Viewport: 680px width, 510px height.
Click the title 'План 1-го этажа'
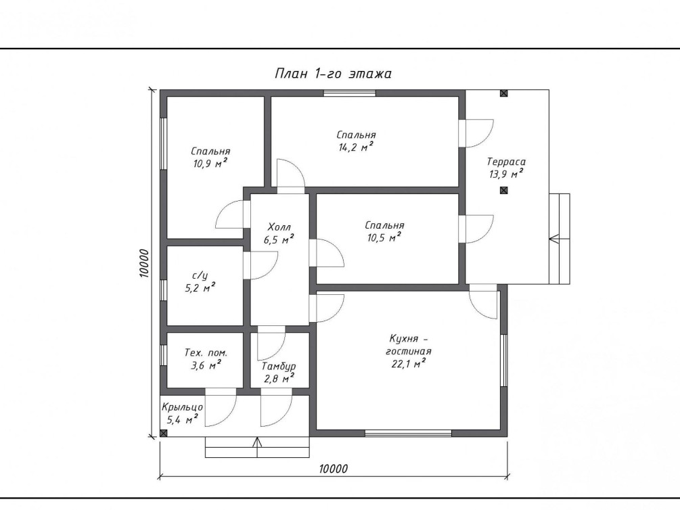[333, 73]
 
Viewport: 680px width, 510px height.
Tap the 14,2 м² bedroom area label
[356, 147]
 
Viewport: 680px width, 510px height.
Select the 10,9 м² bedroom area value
[210, 164]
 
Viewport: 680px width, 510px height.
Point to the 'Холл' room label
[279, 227]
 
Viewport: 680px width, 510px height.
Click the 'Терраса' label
[506, 162]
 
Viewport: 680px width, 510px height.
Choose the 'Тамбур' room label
[279, 367]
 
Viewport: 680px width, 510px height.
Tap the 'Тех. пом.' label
[206, 352]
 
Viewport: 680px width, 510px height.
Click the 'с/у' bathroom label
[200, 275]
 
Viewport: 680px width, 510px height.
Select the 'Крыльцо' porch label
[182, 408]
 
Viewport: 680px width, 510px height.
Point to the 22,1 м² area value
[408, 363]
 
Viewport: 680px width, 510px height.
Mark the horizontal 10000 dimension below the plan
[334, 469]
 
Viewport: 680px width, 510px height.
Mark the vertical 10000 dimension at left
[144, 263]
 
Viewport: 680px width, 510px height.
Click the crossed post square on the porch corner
[164, 433]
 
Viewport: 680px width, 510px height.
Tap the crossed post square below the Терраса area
[503, 190]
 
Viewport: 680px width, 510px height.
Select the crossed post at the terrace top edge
[503, 93]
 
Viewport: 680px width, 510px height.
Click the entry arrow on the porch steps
[257, 447]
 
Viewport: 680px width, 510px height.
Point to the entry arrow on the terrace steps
[560, 239]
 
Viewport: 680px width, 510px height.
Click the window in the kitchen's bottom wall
[408, 433]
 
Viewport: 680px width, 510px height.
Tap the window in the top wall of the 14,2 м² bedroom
[350, 93]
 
